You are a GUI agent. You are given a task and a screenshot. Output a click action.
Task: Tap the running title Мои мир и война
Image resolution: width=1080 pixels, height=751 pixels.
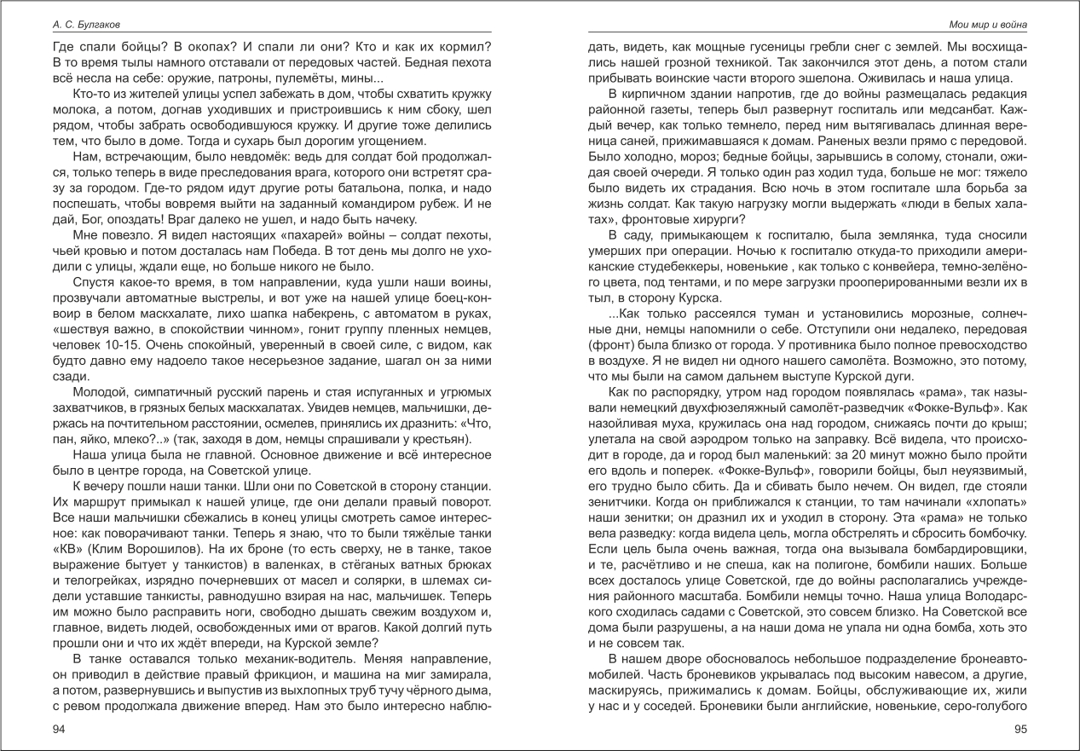click(x=989, y=26)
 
